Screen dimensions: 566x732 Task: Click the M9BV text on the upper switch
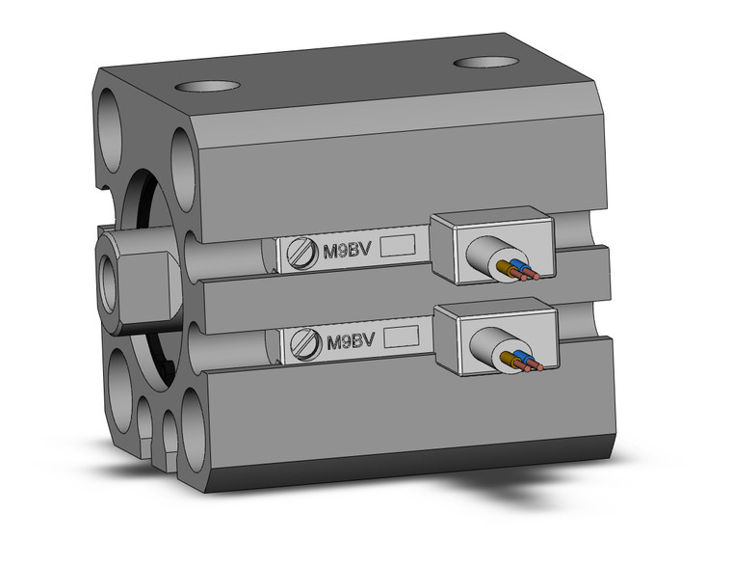pos(348,250)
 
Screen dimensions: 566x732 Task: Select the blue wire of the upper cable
pos(520,267)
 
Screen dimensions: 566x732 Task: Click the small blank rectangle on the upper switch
pos(399,246)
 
